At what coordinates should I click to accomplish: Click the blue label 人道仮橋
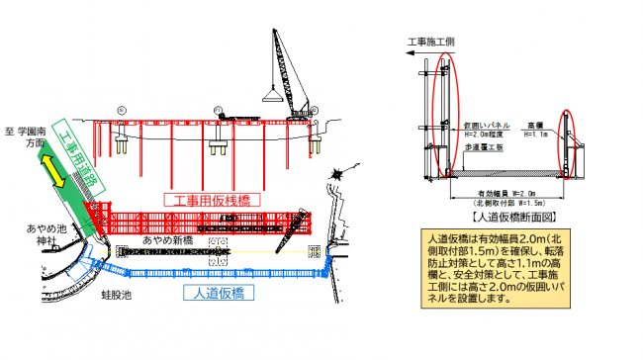(x=219, y=293)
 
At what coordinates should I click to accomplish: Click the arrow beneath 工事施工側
(x=416, y=57)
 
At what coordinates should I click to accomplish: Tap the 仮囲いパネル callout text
(x=488, y=127)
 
